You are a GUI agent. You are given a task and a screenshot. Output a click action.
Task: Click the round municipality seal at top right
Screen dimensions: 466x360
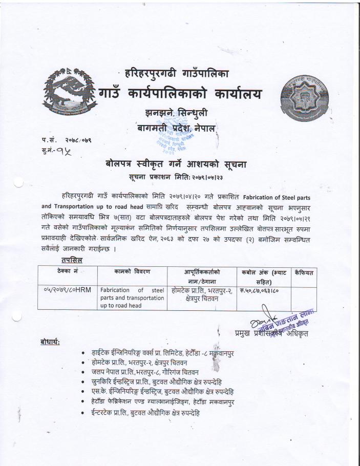303,95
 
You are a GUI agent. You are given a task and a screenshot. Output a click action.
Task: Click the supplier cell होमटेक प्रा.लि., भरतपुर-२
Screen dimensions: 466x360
201,293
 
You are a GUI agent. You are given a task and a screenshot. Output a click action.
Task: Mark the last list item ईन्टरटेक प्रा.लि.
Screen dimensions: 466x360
145,412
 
